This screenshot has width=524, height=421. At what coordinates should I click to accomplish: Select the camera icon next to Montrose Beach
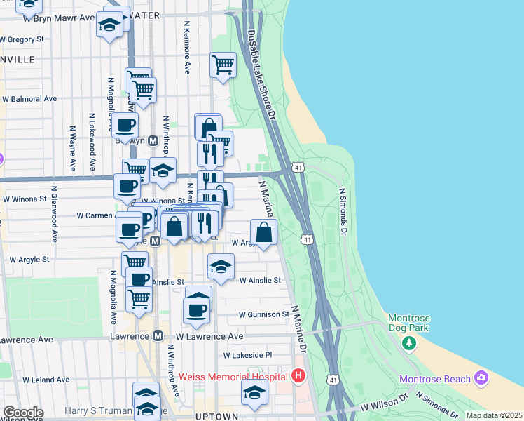tap(481, 378)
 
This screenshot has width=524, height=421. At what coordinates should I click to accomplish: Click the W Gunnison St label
tap(263, 314)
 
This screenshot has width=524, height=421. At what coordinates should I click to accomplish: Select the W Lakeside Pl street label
tap(247, 356)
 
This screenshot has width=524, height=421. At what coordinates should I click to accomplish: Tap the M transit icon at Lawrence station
tap(158, 336)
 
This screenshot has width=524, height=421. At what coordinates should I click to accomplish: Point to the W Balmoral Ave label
tap(29, 99)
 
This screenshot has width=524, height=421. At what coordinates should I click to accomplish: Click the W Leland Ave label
tap(46, 380)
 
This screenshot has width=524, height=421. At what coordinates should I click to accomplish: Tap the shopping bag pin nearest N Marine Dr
tap(263, 232)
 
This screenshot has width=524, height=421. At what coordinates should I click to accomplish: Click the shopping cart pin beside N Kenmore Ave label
tap(223, 65)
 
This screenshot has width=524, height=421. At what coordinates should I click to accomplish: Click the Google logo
tap(22, 413)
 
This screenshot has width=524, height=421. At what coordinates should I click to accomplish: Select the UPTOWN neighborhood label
tap(213, 416)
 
